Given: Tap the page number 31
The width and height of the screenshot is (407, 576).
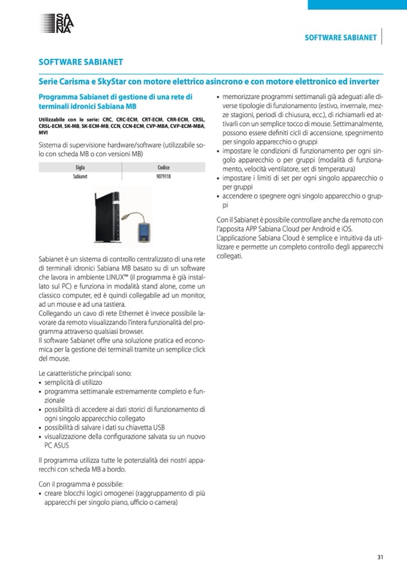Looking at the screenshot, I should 380,556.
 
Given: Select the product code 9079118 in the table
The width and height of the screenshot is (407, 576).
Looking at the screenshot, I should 163,178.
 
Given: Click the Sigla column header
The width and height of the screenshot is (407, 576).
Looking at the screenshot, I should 80,168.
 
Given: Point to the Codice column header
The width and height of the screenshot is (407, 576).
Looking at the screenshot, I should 163,168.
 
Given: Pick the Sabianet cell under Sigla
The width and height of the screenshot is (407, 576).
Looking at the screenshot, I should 80,178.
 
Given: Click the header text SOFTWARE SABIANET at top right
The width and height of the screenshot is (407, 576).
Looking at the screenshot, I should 340,38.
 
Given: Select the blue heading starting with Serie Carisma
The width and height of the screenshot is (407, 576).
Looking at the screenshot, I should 208,81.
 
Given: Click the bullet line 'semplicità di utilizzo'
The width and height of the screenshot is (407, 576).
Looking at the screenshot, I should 73,382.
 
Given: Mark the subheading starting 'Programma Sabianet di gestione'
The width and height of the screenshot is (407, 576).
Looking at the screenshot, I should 115,100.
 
